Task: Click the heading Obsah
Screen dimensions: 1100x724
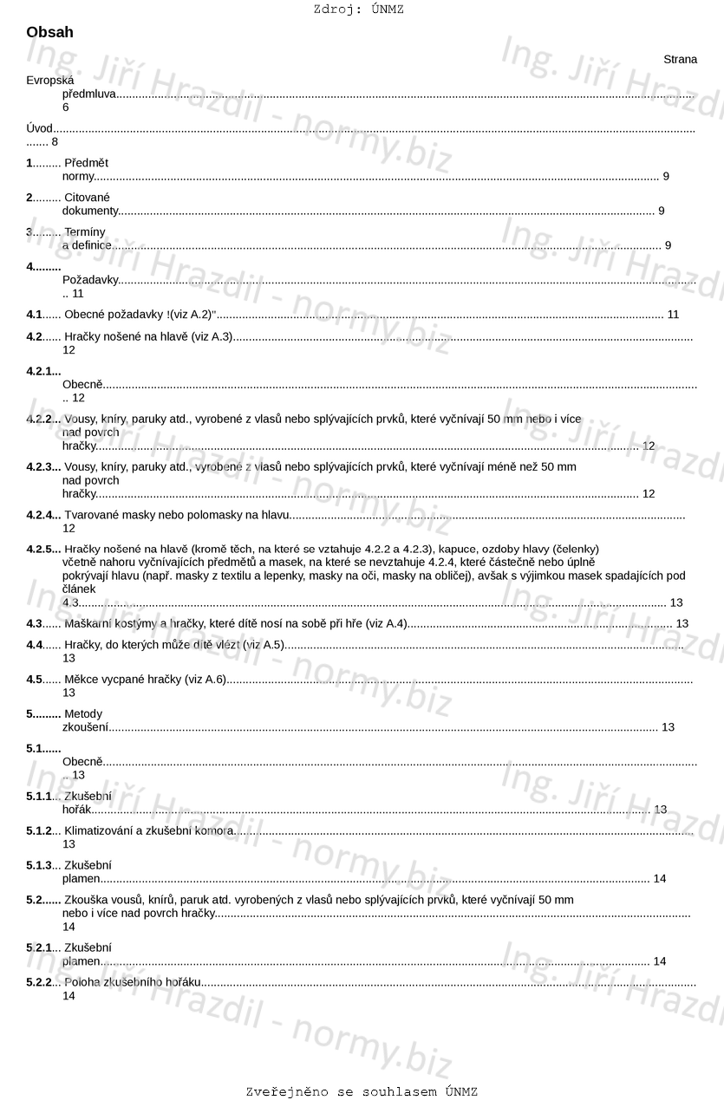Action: coord(49,32)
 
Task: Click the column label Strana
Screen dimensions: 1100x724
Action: coord(680,59)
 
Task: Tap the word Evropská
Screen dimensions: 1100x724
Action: coord(49,81)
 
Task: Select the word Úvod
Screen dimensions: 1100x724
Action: coord(40,128)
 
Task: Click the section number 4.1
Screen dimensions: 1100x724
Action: coord(35,314)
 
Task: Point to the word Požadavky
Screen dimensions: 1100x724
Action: coord(89,280)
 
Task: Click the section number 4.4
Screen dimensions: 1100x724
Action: coord(35,645)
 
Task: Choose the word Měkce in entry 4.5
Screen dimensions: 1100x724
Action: coord(81,680)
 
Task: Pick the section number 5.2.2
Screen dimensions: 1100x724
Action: coord(40,983)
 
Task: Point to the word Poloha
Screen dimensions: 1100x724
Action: coord(82,983)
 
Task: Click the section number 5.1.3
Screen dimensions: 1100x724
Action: coord(40,865)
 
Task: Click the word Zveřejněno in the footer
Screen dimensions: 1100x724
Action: coord(287,1091)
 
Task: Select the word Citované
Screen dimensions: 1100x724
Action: coord(87,198)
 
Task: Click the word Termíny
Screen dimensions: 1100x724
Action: coord(85,232)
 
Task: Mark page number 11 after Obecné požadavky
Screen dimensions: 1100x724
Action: coord(673,314)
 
